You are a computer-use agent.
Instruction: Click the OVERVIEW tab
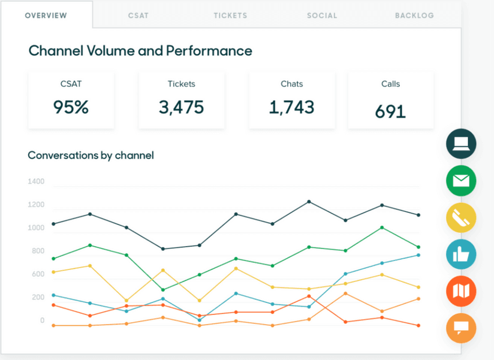pyautogui.click(x=46, y=16)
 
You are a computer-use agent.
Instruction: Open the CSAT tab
pyautogui.click(x=139, y=16)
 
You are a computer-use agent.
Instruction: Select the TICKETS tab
pyautogui.click(x=230, y=16)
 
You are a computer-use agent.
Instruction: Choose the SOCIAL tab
pyautogui.click(x=322, y=16)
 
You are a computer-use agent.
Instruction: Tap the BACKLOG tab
pyautogui.click(x=414, y=16)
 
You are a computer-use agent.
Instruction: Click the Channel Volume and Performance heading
pyautogui.click(x=140, y=50)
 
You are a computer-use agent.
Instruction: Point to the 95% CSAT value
pyautogui.click(x=71, y=107)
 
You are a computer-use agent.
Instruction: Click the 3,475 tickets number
pyautogui.click(x=181, y=107)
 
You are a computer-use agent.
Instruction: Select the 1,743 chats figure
pyautogui.click(x=291, y=107)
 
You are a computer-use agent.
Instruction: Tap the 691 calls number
pyautogui.click(x=390, y=111)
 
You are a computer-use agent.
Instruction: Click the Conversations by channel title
pyautogui.click(x=91, y=155)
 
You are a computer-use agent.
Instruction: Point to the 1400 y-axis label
pyautogui.click(x=36, y=181)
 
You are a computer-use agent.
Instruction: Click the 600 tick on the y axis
pyautogui.click(x=37, y=274)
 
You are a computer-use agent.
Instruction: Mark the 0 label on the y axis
pyautogui.click(x=42, y=321)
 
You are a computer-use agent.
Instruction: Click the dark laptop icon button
pyautogui.click(x=461, y=144)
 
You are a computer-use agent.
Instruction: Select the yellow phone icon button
pyautogui.click(x=461, y=218)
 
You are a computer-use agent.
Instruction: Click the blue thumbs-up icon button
pyautogui.click(x=461, y=254)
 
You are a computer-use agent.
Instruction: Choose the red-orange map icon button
pyautogui.click(x=461, y=292)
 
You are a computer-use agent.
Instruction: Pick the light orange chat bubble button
pyautogui.click(x=461, y=328)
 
